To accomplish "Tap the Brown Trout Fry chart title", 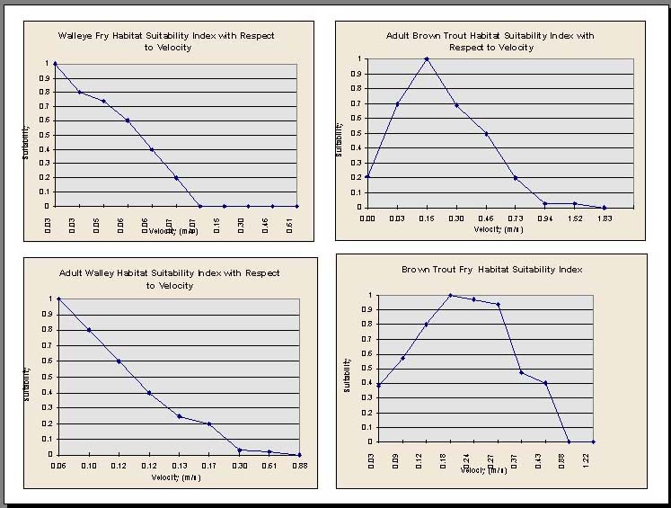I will point(492,269).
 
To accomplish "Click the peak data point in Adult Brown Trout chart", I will point(427,58).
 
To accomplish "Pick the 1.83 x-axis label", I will point(604,218).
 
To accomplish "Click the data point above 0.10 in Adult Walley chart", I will point(89,330).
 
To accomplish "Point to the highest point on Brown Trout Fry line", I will point(450,295).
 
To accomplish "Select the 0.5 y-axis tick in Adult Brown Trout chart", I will point(358,133).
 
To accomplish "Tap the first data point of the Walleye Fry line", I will point(55,63).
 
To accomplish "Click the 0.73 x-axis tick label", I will point(515,218).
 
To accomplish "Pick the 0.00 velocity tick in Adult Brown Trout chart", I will point(367,218).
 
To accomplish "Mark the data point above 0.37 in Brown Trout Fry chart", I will point(522,372).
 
